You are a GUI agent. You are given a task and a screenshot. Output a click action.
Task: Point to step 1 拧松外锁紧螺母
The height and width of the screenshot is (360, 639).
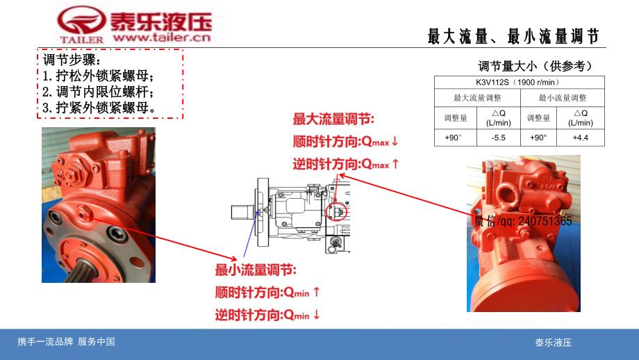98,76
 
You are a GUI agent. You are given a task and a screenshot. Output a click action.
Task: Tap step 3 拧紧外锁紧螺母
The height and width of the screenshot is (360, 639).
99,107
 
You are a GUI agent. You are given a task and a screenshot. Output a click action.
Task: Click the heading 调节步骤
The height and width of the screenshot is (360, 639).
72,60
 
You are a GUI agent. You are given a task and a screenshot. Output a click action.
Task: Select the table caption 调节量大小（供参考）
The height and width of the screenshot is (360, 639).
535,67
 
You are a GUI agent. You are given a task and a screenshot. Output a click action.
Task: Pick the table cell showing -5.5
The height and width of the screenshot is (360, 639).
498,138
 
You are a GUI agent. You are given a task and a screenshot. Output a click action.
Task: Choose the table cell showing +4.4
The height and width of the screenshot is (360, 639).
581,138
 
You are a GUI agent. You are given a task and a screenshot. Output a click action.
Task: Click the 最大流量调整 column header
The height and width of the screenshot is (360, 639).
477,98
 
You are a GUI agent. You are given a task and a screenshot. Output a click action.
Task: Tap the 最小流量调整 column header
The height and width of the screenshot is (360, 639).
563,98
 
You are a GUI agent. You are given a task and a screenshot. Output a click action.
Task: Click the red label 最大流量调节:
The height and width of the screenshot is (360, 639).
333,119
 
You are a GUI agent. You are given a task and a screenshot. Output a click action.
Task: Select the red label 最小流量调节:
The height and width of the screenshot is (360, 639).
256,270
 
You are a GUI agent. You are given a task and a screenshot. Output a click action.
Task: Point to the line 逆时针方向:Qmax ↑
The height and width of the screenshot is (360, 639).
346,164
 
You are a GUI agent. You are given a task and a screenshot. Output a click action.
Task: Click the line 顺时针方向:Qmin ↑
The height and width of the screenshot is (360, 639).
267,292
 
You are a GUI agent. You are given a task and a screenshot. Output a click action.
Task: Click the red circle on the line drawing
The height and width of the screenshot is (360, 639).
338,211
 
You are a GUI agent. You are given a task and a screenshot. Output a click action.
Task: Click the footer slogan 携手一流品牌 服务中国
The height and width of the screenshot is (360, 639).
66,342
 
